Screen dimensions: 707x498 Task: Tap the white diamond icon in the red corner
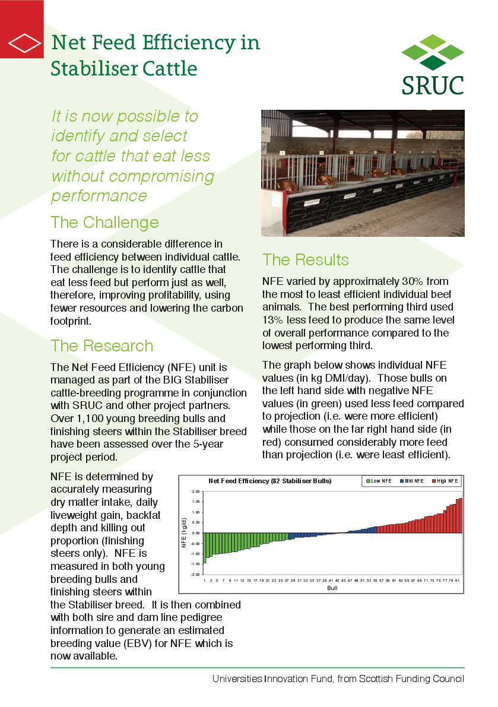pos(21,43)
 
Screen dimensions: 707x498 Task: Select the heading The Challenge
pos(104,222)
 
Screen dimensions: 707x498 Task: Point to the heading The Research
pos(101,345)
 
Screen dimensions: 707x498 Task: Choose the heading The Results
pos(305,259)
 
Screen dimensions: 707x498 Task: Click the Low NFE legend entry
pos(378,481)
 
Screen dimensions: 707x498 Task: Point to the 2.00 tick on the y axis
pos(195,492)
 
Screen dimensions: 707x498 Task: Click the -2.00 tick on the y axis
pos(195,575)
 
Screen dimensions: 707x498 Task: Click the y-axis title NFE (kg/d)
pos(184,533)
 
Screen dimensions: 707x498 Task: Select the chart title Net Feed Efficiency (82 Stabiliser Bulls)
pos(269,480)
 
